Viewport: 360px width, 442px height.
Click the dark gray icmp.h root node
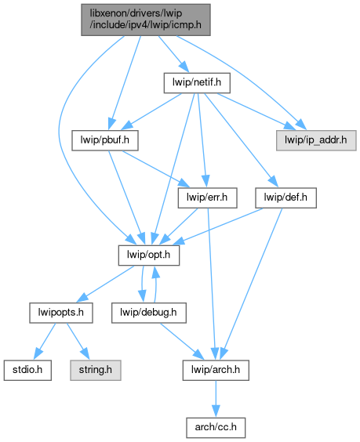coord(146,20)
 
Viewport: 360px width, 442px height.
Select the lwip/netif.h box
coord(197,83)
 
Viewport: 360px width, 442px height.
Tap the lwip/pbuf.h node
coord(105,140)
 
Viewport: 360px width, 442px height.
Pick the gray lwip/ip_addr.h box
coord(316,140)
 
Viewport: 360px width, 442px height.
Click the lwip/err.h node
coord(207,197)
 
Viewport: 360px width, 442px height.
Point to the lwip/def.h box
coord(285,197)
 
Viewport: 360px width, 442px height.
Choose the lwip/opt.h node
coord(149,255)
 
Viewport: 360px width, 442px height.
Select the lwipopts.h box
coord(61,313)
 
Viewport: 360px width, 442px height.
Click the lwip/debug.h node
coord(149,313)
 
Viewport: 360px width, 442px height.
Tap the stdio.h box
coord(27,370)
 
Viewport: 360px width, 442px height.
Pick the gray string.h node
coord(96,370)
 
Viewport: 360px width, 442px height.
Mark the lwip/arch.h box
coord(216,370)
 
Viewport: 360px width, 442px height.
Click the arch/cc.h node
coord(216,428)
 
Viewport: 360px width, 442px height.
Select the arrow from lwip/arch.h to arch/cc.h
coord(216,399)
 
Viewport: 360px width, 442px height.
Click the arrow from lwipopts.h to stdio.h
coord(45,341)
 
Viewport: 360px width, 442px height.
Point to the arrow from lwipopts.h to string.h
coord(78,341)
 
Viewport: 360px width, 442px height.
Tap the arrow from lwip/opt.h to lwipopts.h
coord(105,284)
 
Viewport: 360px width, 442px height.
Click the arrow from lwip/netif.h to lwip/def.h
coord(242,140)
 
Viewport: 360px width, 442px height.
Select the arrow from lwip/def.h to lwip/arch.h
coord(251,284)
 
